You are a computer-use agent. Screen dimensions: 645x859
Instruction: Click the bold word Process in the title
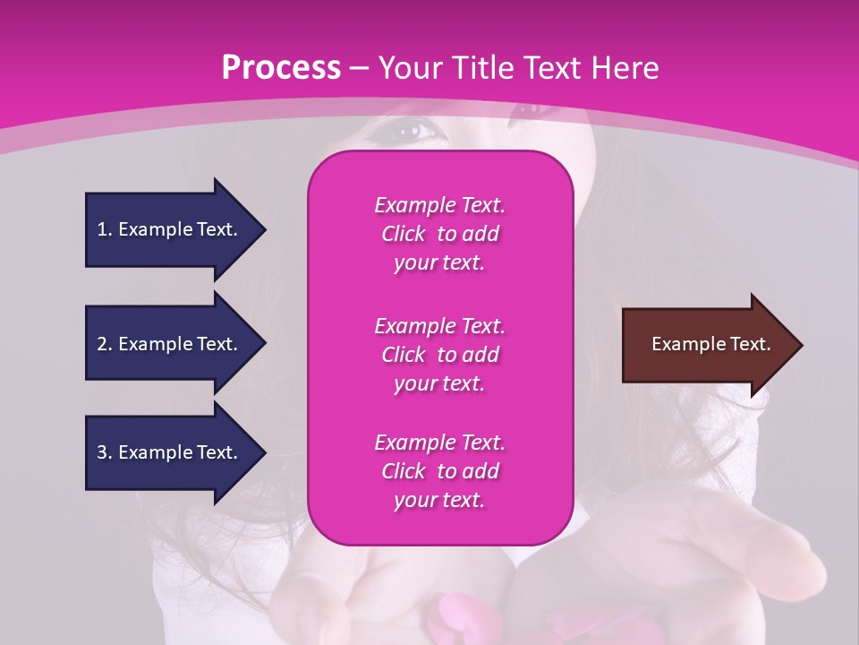click(281, 68)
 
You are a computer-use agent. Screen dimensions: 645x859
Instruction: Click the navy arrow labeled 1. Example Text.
click(170, 229)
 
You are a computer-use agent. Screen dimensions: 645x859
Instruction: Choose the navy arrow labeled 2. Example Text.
click(170, 344)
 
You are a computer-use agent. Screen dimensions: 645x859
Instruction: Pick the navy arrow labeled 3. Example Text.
click(170, 452)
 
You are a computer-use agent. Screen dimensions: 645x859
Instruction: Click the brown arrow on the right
click(707, 345)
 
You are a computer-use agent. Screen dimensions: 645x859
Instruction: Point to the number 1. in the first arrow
click(105, 229)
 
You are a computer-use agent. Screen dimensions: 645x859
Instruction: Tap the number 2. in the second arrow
click(105, 344)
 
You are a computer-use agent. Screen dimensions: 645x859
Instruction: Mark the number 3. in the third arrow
click(105, 452)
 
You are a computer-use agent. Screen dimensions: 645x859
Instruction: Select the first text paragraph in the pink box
click(439, 234)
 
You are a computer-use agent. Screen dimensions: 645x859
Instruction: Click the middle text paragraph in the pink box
click(439, 354)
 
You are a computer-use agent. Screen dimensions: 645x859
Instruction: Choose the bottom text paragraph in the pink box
click(439, 471)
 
